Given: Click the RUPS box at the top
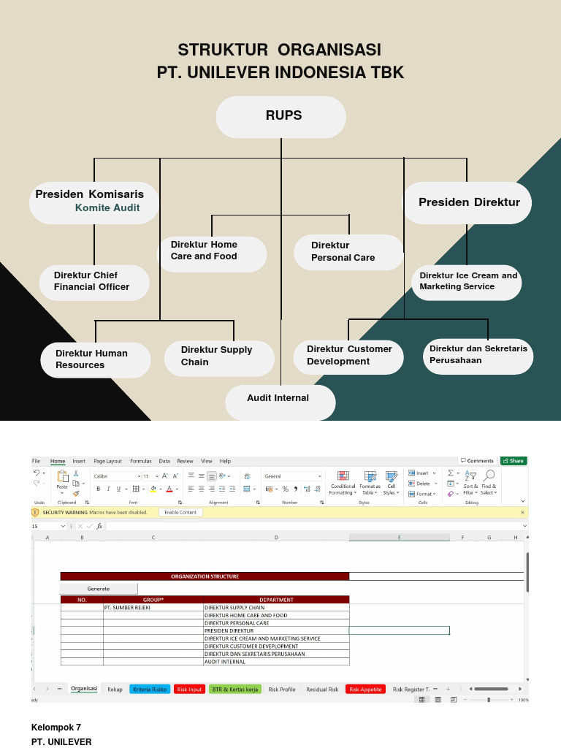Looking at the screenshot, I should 281,116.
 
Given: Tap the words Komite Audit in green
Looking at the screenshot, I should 107,208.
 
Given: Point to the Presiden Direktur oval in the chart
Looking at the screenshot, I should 468,202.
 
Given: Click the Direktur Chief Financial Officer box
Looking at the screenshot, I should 93,281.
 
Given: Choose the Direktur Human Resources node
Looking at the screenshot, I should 95,359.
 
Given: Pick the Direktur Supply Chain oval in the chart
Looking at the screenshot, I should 218,356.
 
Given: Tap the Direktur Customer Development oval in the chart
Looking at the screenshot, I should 348,356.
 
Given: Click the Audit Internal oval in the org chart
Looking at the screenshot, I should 280,400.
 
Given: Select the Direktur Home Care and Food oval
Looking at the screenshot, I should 212,251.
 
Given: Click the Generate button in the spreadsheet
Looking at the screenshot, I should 98,589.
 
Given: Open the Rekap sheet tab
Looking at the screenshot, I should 115,690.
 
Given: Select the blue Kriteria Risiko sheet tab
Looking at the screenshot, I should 150,690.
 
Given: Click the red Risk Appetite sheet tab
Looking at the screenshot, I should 365,690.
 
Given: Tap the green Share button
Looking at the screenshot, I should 513,461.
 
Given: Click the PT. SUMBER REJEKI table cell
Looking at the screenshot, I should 153,608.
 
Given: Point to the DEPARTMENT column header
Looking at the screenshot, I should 276,600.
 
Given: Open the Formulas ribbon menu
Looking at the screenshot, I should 141,461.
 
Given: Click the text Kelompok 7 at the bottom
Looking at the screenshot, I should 56,728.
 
